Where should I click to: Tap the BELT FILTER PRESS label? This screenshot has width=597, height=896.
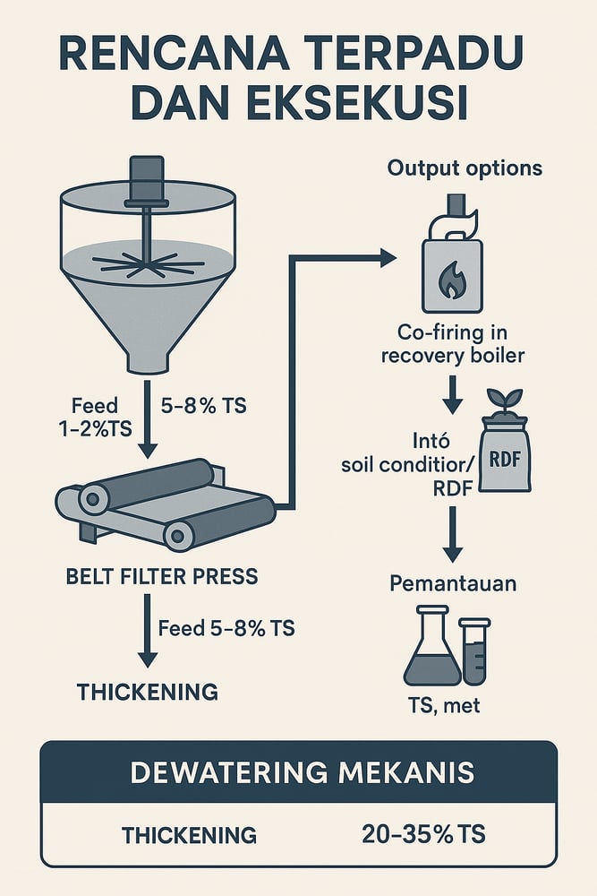point(162,575)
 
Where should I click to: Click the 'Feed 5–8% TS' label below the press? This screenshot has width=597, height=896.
point(226,628)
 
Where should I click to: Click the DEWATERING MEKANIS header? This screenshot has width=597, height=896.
point(298,772)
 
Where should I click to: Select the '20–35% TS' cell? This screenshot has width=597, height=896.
point(424,835)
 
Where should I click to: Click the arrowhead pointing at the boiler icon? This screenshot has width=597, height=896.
point(386,259)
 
